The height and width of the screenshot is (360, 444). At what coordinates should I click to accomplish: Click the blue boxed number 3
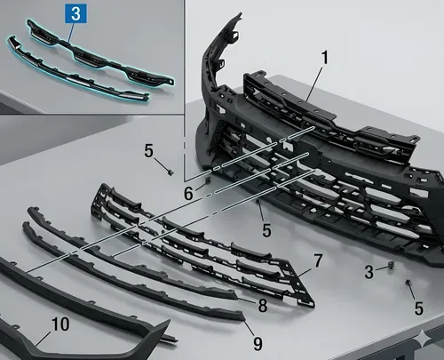pos(75,13)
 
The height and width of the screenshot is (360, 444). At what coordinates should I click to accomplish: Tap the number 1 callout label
pos(325,58)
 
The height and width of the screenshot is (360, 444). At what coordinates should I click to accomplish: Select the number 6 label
pos(188,194)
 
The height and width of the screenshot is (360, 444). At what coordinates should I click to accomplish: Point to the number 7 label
pos(318,260)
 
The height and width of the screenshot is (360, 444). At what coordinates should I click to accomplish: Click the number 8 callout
pos(263,306)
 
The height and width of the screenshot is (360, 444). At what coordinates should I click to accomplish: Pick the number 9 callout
pos(258,344)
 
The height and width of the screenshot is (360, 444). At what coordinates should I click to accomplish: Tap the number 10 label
pos(60,324)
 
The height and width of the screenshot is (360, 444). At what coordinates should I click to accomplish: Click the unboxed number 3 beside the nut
pos(369,272)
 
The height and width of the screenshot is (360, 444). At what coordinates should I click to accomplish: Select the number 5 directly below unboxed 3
pos(418,308)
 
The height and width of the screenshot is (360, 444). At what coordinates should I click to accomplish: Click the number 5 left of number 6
pos(149,151)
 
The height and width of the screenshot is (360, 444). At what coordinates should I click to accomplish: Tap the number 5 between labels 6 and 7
pos(266,230)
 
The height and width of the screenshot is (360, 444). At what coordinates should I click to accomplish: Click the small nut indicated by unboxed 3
pos(392,265)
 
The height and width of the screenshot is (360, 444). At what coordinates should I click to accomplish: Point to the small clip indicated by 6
pos(208,180)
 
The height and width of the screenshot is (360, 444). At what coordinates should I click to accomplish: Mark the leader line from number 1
pos(314,84)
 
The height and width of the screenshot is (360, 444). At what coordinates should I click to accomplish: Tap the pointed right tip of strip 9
pos(244,319)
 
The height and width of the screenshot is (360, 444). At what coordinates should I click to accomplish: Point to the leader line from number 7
pos(304,273)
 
